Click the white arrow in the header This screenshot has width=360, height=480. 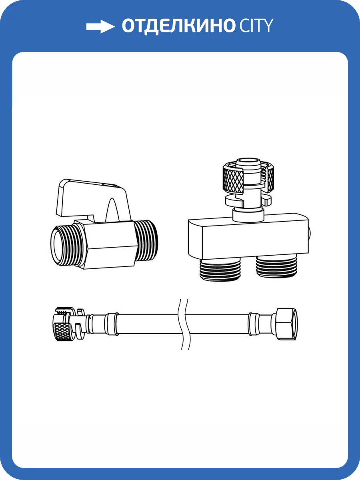[x=100, y=27]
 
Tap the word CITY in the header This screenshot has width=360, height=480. [x=256, y=25]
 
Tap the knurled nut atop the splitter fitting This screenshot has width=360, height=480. [x=248, y=178]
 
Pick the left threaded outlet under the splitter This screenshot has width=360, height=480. [x=220, y=269]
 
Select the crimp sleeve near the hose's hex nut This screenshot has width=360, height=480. [x=253, y=324]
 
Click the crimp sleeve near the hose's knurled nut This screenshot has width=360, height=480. [x=111, y=324]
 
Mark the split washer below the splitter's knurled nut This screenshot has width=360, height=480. [x=248, y=200]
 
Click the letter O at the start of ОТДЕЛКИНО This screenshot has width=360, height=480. [x=130, y=26]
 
